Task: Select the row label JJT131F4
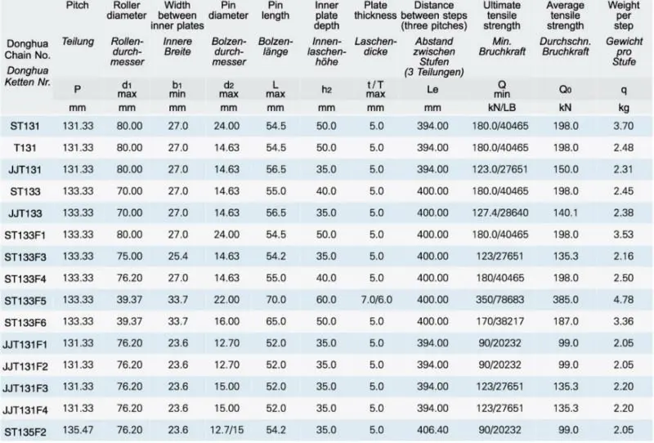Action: (x=30, y=409)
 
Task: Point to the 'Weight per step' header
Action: (x=624, y=16)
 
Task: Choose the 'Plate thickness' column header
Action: (x=375, y=16)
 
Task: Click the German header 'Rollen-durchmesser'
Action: (x=127, y=51)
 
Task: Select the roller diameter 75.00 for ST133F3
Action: (x=127, y=256)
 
